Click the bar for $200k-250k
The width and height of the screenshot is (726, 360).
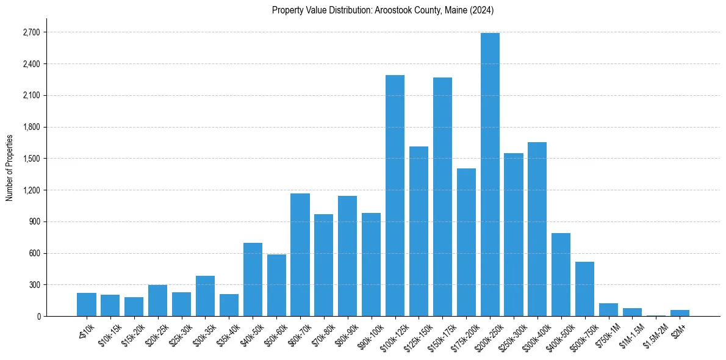[x=490, y=175]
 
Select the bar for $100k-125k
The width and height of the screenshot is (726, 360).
[x=395, y=195]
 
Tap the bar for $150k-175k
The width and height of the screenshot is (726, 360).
[x=442, y=196]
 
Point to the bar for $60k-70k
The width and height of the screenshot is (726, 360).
[x=300, y=254]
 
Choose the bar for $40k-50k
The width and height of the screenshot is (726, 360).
[x=253, y=279]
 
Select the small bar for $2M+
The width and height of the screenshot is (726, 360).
[x=680, y=312]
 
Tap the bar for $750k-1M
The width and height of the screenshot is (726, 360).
[x=608, y=309]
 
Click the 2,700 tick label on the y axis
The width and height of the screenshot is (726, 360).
[x=31, y=32]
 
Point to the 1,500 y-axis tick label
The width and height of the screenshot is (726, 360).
[x=31, y=159]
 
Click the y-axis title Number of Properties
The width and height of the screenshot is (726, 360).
[x=9, y=168]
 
